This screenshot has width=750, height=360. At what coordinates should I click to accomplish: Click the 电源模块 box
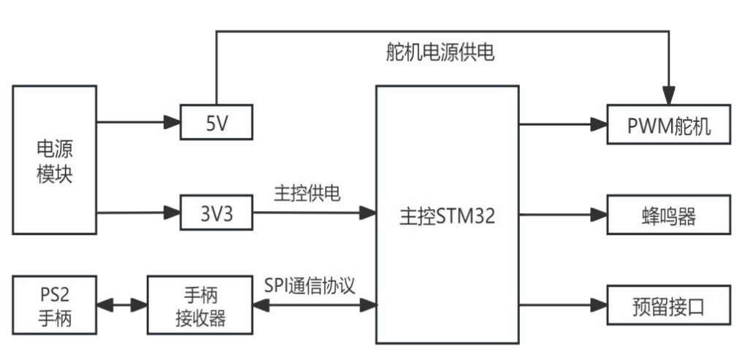coord(55,160)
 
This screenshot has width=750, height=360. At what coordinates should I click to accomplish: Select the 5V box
coord(216,122)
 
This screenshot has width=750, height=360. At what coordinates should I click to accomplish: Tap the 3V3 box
coord(216,212)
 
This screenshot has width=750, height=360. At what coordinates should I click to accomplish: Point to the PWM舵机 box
coord(669,124)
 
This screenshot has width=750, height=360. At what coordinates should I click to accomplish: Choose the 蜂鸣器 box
coord(669,214)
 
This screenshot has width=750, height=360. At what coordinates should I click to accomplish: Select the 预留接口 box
coord(669,305)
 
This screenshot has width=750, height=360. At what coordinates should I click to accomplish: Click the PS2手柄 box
coord(55,305)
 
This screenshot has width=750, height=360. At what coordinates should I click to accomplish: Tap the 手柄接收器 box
coord(200,305)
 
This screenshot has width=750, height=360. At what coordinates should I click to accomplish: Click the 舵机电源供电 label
coord(440,53)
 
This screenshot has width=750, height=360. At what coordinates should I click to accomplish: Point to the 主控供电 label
coord(307,193)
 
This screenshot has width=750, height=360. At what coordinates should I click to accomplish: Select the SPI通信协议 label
coord(310,286)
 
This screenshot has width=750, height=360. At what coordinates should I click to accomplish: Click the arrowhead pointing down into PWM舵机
coord(669,96)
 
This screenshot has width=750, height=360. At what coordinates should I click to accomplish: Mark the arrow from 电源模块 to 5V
coord(138,122)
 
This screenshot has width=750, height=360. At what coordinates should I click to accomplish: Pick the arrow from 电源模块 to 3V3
coord(138,212)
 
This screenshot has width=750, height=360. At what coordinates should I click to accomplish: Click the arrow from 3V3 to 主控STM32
coord(314,212)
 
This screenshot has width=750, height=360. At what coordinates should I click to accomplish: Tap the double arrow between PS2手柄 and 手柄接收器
coord(122,305)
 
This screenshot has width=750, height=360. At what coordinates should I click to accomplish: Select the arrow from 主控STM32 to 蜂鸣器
coord(563,215)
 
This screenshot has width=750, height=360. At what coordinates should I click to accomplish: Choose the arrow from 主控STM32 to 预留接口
coord(563,305)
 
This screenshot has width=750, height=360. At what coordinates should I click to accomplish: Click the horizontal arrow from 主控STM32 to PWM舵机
coord(563,124)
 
